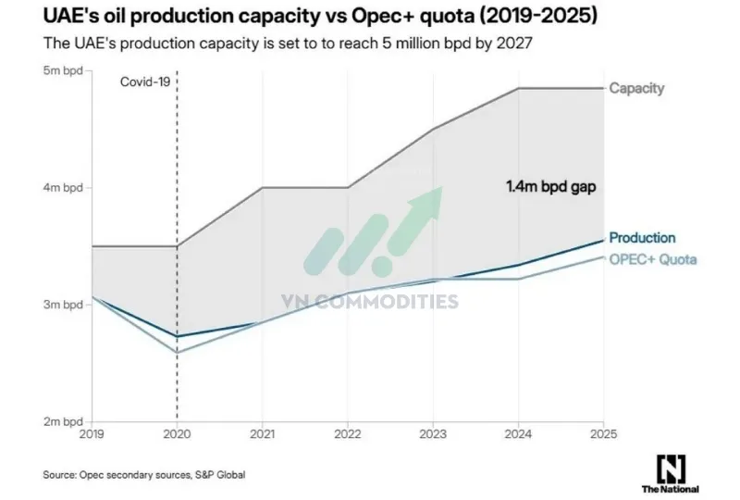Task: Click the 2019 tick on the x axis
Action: pos(92,433)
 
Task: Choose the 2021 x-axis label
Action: pos(263,433)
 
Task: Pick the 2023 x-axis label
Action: pos(433,433)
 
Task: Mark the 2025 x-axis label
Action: pos(604,433)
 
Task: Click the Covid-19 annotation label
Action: pos(146,81)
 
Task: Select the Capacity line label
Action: pos(636,88)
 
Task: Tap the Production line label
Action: pos(642,238)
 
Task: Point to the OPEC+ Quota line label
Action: pos(652,259)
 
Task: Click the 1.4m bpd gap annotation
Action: pos(550,186)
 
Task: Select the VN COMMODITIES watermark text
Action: pos(369,301)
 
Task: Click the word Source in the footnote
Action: pos(61,475)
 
